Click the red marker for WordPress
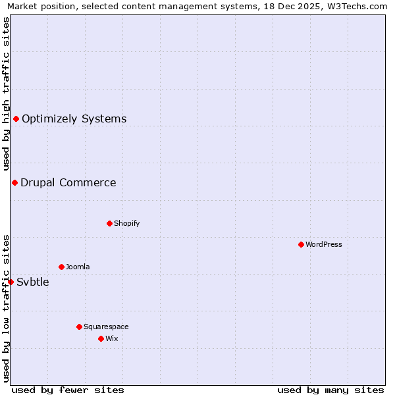(x=301, y=244)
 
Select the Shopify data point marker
(x=109, y=223)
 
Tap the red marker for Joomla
(x=61, y=267)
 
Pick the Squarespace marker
(x=79, y=327)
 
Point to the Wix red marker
(x=101, y=338)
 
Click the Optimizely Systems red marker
(x=16, y=118)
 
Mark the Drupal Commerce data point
(x=14, y=182)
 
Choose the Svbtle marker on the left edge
(x=11, y=282)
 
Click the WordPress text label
(x=324, y=244)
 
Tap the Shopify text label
(x=127, y=223)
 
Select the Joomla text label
(x=78, y=267)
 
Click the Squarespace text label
(x=106, y=327)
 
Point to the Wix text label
(x=111, y=338)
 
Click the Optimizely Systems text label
(x=74, y=118)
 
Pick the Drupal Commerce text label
(x=68, y=182)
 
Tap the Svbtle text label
(x=33, y=282)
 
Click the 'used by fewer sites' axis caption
(x=68, y=390)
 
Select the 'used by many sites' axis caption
(x=330, y=390)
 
